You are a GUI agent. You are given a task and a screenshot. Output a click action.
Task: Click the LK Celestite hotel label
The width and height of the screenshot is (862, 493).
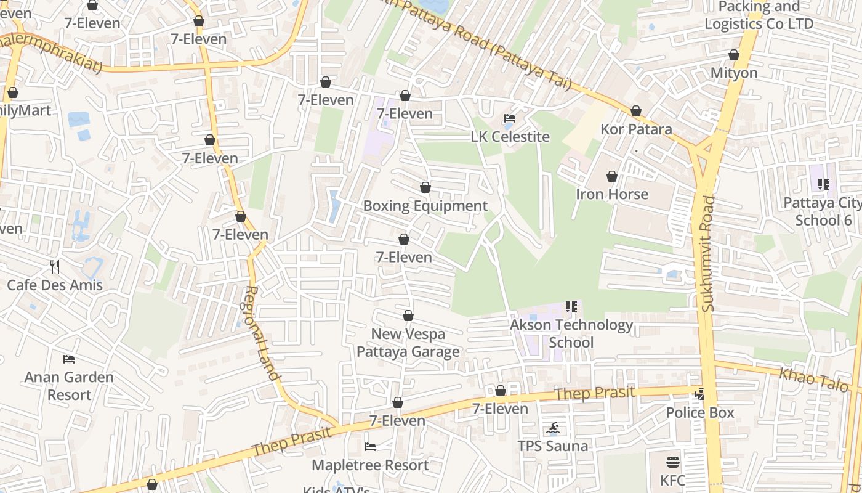click(510, 137)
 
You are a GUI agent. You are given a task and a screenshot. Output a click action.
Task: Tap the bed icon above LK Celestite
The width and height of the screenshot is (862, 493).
click(510, 118)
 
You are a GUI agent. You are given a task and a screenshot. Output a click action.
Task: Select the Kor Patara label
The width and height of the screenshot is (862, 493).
click(636, 129)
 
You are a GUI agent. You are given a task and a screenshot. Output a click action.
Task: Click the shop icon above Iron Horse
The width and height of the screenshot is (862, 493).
click(611, 177)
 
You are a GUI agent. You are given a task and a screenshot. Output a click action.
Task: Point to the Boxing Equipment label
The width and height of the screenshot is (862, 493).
click(425, 206)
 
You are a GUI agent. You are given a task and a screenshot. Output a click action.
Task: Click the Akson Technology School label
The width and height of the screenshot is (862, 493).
click(571, 333)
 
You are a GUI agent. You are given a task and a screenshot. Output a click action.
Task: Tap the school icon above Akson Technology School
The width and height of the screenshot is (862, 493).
click(571, 307)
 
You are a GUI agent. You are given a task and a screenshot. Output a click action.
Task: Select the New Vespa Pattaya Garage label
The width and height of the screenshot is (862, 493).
click(408, 343)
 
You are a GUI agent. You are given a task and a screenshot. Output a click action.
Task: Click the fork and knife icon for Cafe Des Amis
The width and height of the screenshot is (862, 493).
click(55, 267)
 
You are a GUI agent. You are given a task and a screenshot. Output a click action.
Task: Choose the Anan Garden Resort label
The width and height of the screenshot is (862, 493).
click(69, 386)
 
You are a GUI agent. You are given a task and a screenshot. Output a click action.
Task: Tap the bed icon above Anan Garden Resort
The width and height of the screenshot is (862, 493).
click(69, 359)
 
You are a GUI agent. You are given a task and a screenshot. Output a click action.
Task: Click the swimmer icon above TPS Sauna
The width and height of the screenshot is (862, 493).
click(552, 428)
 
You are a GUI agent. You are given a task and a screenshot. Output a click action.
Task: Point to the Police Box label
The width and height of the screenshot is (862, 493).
click(700, 412)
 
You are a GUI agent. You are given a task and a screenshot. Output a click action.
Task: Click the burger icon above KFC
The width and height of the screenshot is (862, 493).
click(672, 462)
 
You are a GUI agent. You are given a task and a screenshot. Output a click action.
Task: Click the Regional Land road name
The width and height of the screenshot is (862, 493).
click(263, 333)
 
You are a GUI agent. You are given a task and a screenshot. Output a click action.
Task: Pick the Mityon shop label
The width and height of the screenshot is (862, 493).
click(733, 73)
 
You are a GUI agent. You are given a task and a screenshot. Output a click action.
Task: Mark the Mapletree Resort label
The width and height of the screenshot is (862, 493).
click(370, 465)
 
